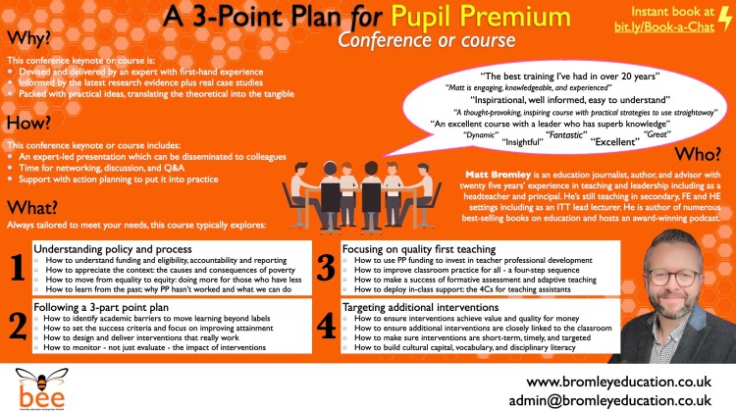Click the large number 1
point(17,264)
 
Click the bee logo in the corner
point(32,384)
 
